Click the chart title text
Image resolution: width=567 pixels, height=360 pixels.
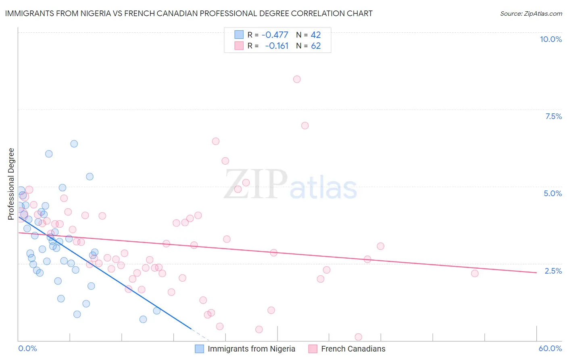[x=189, y=13]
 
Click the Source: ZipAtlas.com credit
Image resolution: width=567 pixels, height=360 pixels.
[x=531, y=13]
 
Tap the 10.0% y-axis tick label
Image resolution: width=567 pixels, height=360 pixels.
[x=550, y=39]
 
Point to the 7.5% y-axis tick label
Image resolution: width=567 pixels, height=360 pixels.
[x=553, y=116]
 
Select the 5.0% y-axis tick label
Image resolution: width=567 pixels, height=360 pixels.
[x=552, y=193]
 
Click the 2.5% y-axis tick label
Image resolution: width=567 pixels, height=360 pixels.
[x=553, y=271]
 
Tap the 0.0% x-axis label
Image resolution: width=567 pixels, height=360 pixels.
[x=27, y=348]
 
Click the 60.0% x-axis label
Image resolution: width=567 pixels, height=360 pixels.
[x=550, y=348]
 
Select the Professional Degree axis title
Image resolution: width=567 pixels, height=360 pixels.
[x=11, y=184]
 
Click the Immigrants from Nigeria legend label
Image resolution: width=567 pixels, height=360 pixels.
[x=251, y=349]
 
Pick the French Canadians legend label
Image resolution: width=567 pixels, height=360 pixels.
[x=353, y=349]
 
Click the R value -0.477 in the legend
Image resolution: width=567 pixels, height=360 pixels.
[x=275, y=35]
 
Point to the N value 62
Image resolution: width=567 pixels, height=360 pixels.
[x=316, y=46]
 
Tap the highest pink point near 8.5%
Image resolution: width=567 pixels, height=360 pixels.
[x=297, y=79]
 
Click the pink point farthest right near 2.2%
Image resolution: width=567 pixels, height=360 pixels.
[x=475, y=273]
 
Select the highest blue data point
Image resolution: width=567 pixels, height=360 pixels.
[x=74, y=144]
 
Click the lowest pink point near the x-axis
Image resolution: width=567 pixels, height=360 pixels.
[x=358, y=337]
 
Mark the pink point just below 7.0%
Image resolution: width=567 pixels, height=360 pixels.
[x=305, y=126]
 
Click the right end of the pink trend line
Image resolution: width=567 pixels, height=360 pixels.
[x=536, y=272]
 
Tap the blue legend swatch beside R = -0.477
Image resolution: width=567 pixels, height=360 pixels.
[x=239, y=35]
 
